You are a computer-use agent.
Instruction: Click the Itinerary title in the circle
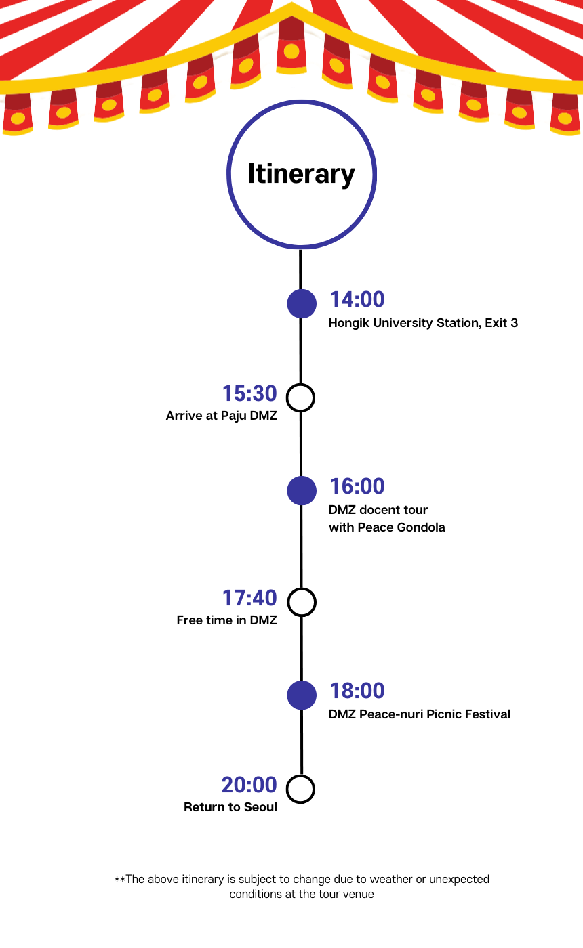tap(301, 174)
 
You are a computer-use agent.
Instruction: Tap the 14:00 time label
tap(357, 299)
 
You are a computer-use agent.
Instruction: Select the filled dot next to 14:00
tap(302, 303)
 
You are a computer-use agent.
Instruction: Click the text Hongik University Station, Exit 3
tap(423, 323)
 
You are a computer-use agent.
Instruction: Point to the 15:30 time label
tap(249, 393)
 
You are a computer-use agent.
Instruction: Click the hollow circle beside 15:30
tap(300, 397)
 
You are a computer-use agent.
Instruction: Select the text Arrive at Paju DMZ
tap(222, 416)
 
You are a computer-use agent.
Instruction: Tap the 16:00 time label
tap(357, 486)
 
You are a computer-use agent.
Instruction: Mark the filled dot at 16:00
tap(302, 490)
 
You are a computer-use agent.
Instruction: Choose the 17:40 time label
tap(249, 598)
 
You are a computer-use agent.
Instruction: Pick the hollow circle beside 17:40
tap(302, 601)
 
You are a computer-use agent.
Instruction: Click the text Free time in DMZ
tap(227, 620)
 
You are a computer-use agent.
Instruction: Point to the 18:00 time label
tap(357, 691)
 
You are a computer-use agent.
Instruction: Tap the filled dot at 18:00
tap(302, 695)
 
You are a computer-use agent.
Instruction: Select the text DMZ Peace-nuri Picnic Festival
tap(420, 714)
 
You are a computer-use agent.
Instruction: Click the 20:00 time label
tap(249, 785)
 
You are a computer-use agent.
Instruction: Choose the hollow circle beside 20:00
tap(301, 789)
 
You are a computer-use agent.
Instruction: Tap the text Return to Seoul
tap(230, 807)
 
